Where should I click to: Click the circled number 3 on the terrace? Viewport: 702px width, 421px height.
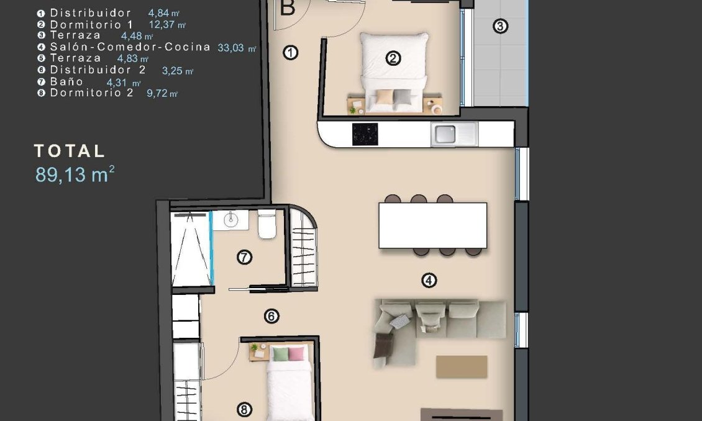click(501, 26)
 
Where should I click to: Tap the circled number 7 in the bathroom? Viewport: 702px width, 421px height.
click(245, 257)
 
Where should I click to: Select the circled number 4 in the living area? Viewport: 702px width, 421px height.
click(429, 281)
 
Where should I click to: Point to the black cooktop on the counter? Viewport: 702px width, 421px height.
click(365, 134)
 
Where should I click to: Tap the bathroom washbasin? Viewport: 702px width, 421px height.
click(230, 219)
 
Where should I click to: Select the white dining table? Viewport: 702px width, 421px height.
click(433, 225)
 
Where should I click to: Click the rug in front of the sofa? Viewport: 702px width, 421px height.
click(462, 366)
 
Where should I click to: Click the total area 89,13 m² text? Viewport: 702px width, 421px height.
click(75, 174)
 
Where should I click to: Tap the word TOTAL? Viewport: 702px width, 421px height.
click(70, 151)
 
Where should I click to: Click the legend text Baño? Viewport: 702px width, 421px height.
click(66, 81)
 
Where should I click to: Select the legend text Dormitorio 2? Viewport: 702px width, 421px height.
click(91, 93)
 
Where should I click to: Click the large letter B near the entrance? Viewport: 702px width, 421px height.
click(288, 8)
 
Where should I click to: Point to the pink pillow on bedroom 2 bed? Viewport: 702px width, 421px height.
click(297, 355)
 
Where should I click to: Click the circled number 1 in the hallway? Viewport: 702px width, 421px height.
click(290, 53)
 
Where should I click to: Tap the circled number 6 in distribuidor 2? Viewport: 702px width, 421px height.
click(271, 317)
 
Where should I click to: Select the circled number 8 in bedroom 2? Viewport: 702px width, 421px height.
click(245, 409)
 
